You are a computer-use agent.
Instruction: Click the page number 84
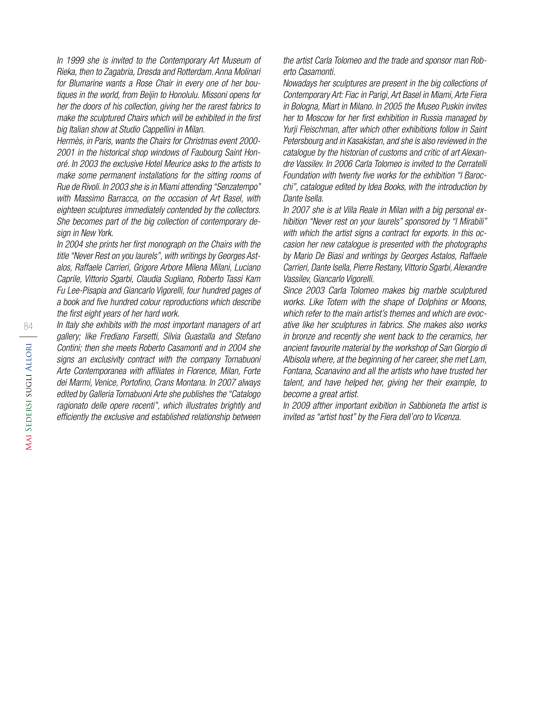click(28, 327)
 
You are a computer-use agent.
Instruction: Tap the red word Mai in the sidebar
click(28, 442)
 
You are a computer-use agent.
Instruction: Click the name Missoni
click(215, 95)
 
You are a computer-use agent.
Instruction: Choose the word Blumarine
click(86, 84)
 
